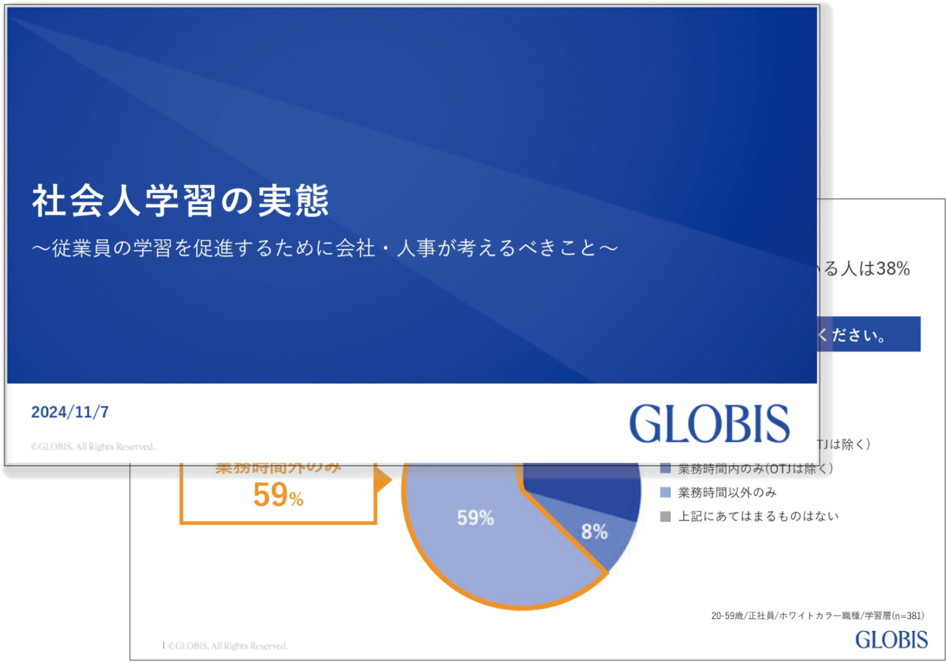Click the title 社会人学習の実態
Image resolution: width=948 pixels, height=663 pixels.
[x=180, y=201]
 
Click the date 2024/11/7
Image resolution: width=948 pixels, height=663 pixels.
[x=70, y=412]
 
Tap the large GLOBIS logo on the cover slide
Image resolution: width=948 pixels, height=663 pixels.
[x=709, y=423]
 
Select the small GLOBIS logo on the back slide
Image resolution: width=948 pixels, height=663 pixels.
[x=891, y=640]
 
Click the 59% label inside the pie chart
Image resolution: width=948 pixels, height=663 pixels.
[x=475, y=518]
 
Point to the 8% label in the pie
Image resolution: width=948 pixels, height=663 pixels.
[x=594, y=532]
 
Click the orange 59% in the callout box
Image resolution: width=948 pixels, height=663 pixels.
[x=278, y=495]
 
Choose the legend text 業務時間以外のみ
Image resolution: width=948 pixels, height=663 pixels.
[x=727, y=493]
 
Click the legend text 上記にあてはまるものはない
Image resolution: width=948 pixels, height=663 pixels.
[x=758, y=516]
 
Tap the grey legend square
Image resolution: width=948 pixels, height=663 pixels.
[x=665, y=516]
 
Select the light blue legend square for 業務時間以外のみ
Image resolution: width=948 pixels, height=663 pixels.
[x=665, y=493]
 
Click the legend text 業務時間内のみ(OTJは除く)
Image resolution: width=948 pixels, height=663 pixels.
[x=755, y=469]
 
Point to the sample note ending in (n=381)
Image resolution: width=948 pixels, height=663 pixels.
[x=817, y=615]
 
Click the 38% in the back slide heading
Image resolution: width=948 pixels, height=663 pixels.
[x=892, y=269]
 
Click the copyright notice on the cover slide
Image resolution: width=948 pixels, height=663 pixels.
[x=93, y=446]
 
